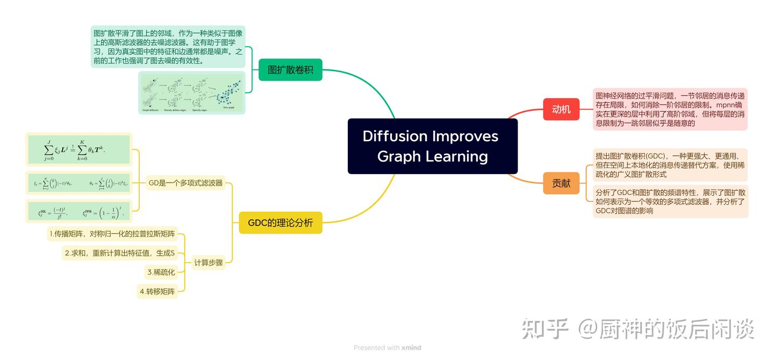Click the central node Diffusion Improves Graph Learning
point(432,146)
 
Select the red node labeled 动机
point(561,110)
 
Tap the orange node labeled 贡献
point(561,183)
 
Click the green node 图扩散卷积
point(290,70)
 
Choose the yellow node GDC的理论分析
point(280,222)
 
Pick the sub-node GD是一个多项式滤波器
point(185,183)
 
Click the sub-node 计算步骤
point(209,263)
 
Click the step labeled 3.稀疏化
point(161,272)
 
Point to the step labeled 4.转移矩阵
point(157,292)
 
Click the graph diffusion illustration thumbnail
point(192,93)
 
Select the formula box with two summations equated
point(79,149)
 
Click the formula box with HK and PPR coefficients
point(79,211)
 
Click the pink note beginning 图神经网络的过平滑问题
point(670,110)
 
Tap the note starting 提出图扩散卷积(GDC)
point(670,164)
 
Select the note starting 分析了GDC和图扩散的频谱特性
point(670,201)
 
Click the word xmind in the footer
point(411,348)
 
